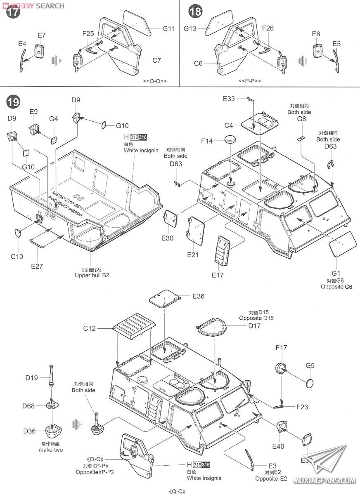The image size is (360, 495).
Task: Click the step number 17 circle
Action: coord(13,12)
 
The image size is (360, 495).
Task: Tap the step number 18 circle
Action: coord(195,12)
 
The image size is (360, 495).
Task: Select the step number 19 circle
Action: coord(13,101)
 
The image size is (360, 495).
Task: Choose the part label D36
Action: coord(30,431)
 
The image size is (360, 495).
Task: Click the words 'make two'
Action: coord(51,450)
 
